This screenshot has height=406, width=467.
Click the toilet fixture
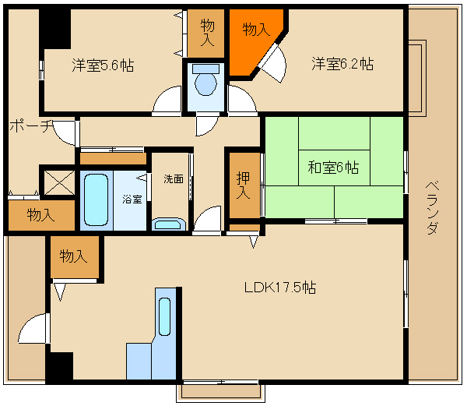point(205,79)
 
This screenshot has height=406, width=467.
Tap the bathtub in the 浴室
point(96,200)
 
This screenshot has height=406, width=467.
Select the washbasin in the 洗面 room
point(169,224)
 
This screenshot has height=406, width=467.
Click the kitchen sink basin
point(164,316)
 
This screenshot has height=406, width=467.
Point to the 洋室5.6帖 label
point(103,65)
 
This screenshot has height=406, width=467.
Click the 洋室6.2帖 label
point(342,63)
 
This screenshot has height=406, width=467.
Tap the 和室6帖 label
point(333,168)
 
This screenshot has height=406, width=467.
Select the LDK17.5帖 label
point(280,288)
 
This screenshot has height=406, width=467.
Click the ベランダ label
point(432,208)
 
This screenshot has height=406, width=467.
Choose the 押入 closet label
point(244,185)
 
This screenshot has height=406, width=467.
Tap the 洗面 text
point(174,179)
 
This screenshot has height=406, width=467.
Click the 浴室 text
point(132,199)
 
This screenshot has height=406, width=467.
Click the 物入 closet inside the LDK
point(75,257)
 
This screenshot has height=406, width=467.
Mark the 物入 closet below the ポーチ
point(41,215)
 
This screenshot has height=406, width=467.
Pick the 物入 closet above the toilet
point(205,33)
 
